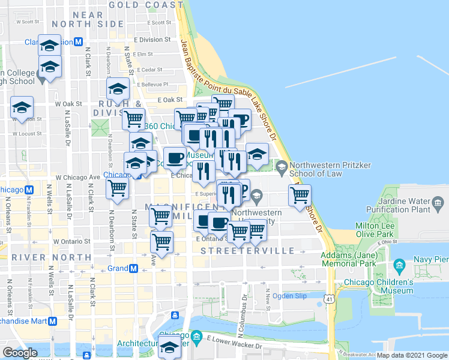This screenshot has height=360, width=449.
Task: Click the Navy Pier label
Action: point(431,259)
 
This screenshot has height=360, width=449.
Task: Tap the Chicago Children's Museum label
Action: point(378,286)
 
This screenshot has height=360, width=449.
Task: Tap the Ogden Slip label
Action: point(289,296)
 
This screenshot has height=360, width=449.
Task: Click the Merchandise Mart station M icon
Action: point(53,320)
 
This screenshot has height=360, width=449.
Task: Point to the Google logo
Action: point(20,353)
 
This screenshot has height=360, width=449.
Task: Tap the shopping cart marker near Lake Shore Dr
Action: point(300,194)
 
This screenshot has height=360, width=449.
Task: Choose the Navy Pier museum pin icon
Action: point(398,265)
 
